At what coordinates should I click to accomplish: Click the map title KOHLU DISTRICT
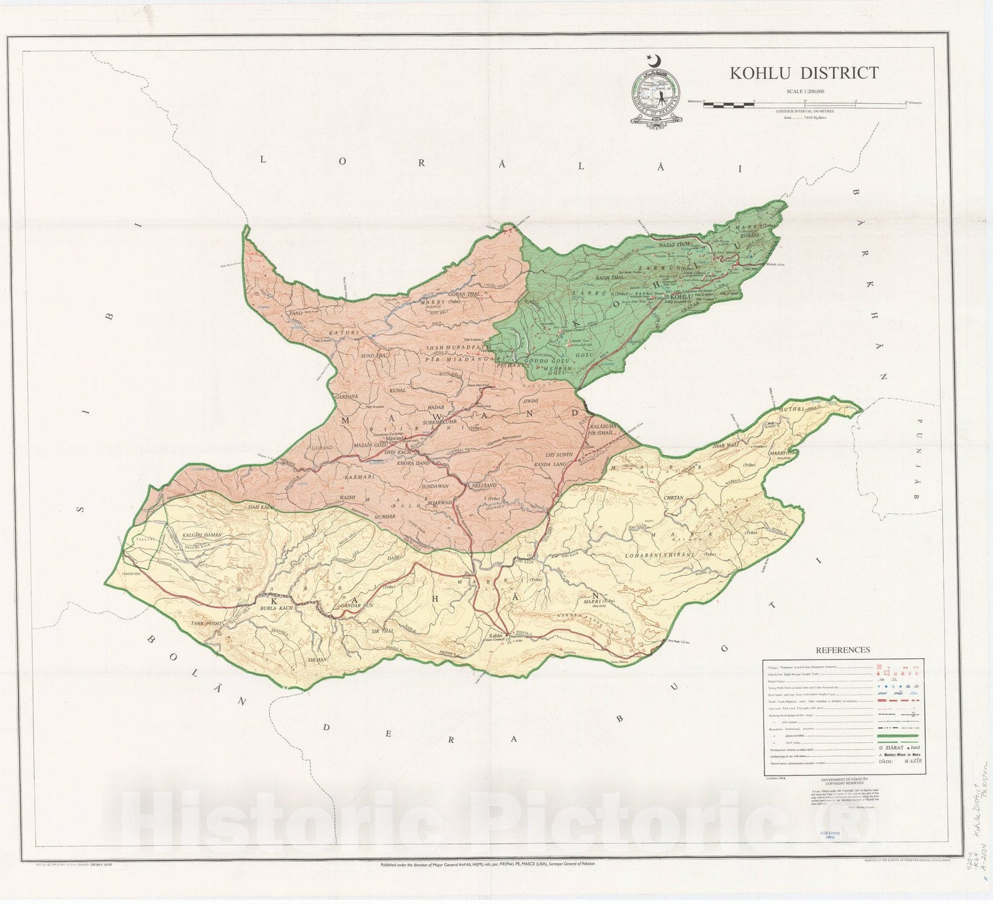click(x=803, y=73)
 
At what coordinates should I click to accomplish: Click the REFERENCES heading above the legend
click(x=842, y=650)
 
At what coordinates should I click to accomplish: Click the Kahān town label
click(x=495, y=636)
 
